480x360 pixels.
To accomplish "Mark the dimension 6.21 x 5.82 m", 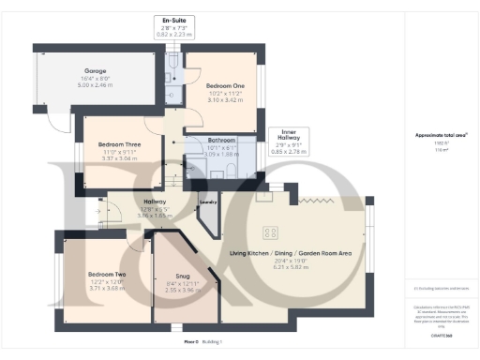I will pos(291,268).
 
